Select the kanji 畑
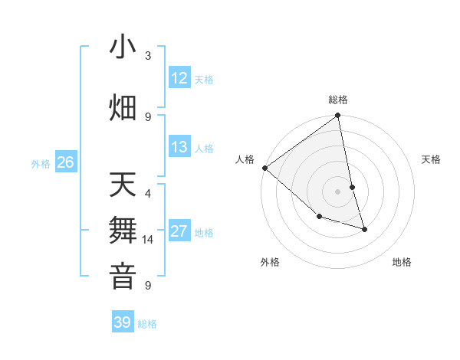[x=123, y=107]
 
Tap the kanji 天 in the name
[x=123, y=186]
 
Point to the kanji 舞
[x=123, y=231]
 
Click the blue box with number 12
[x=179, y=78]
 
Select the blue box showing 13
[x=179, y=147]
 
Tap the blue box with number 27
[x=179, y=231]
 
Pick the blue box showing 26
[x=65, y=162]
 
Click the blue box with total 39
[x=123, y=322]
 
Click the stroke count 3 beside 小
[x=148, y=56]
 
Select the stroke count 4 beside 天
[x=148, y=193]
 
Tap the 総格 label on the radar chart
[x=338, y=100]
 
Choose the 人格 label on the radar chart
[x=245, y=159]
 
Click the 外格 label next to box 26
[x=41, y=163]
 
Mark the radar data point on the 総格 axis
[x=338, y=116]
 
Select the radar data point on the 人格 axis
[x=264, y=168]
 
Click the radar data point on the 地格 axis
[x=364, y=229]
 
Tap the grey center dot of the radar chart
[x=338, y=191]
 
